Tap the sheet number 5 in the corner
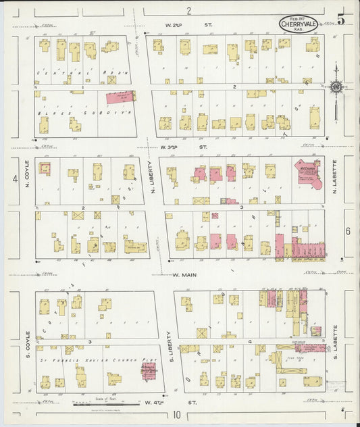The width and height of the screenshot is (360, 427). (341, 20)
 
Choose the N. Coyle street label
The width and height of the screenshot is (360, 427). (28, 172)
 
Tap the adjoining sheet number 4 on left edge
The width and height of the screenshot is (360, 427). (14, 179)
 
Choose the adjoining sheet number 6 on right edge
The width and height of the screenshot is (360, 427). (349, 232)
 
